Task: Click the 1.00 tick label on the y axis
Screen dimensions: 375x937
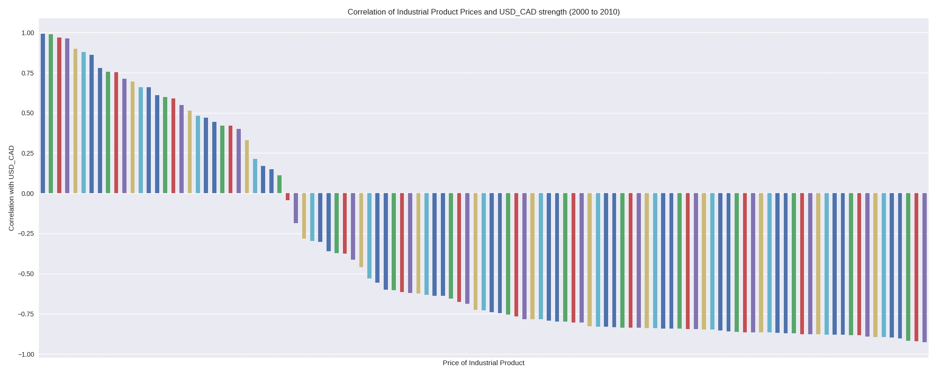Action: (28, 33)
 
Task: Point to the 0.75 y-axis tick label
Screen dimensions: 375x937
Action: (28, 73)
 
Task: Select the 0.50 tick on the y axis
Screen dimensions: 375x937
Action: (28, 113)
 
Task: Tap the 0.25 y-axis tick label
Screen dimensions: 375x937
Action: (28, 153)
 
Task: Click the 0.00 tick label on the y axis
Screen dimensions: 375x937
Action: (28, 194)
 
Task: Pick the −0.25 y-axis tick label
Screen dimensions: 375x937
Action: (26, 233)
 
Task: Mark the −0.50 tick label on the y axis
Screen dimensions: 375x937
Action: (26, 274)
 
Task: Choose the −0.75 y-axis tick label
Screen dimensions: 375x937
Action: (26, 314)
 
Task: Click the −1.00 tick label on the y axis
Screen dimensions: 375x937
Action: (26, 354)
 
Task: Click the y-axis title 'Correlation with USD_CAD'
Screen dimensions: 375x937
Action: (11, 188)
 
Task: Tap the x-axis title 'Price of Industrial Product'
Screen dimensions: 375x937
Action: (483, 363)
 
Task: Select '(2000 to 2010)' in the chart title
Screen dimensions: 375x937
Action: (594, 12)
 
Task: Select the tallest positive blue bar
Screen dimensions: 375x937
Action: (43, 112)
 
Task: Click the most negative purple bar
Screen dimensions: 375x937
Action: (924, 267)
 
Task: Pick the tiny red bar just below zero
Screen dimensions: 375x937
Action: (288, 197)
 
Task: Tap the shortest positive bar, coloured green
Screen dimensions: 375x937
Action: (280, 184)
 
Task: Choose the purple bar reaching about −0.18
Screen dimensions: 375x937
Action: (296, 208)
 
